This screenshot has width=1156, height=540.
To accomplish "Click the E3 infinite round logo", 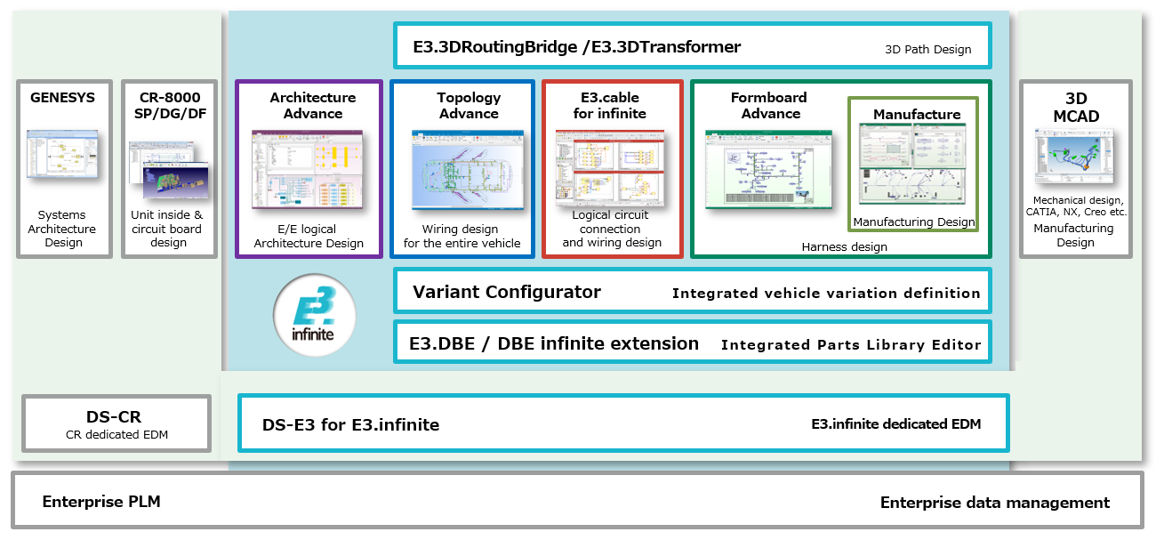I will (315, 315).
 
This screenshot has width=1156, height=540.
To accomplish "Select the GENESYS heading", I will (63, 97).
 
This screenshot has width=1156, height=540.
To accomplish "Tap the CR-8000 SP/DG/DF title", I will (169, 105).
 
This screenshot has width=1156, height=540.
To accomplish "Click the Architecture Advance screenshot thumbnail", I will (308, 170).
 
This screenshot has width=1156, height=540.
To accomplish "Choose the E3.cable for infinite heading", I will (609, 105).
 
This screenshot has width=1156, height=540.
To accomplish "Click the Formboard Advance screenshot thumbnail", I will (768, 169).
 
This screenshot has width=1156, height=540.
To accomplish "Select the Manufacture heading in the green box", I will (917, 114).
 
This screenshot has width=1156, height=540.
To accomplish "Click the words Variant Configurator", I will (506, 292).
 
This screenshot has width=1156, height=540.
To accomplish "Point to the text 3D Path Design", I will (927, 50).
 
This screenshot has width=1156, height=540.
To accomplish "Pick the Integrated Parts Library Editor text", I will (851, 344).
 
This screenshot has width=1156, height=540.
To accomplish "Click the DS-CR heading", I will (114, 416).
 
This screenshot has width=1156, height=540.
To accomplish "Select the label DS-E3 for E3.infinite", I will (350, 425).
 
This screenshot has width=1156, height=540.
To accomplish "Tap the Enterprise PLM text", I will (101, 502).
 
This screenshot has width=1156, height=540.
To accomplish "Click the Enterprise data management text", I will (994, 503).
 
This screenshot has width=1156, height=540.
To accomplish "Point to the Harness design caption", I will (843, 246).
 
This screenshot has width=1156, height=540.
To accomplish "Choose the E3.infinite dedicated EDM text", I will (895, 424).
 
